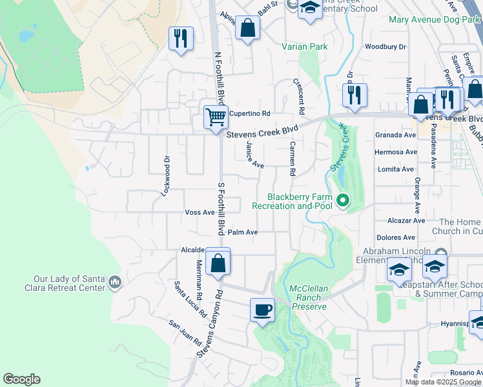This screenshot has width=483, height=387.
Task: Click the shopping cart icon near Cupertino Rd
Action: coord(216,117)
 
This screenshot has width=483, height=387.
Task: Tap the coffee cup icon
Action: coord(262,310)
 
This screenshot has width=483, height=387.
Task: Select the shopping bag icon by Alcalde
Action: coord(219,262)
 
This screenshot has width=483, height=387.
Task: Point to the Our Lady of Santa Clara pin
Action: coord(115,281)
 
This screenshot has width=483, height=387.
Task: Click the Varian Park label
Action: coord(305,46)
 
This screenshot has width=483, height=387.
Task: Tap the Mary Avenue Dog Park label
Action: coord(435,19)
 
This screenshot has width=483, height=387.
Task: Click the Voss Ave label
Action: coord(200,212)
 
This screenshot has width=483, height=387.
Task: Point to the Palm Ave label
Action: coord(243,232)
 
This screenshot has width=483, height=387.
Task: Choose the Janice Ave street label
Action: coord(254,155)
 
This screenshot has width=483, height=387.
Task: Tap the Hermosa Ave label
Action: coord(395,152)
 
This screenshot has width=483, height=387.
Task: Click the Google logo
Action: coord(21,379)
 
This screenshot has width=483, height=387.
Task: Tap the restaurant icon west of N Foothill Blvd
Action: coord(181,39)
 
